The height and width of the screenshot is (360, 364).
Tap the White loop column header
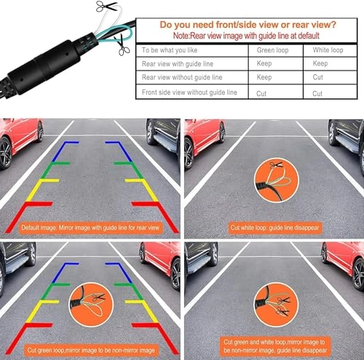pos(328,50)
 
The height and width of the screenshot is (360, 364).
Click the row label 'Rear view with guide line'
pos(180,63)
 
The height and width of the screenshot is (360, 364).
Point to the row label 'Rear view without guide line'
pos(183,76)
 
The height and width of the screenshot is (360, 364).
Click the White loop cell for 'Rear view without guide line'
pos(318,76)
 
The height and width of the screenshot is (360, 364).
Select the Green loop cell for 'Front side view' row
pos(263,93)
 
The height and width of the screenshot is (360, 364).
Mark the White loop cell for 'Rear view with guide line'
pos(320,63)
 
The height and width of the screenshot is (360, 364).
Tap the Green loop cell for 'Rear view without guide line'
pos(264,76)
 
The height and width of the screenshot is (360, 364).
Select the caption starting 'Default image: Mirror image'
pos(90,228)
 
